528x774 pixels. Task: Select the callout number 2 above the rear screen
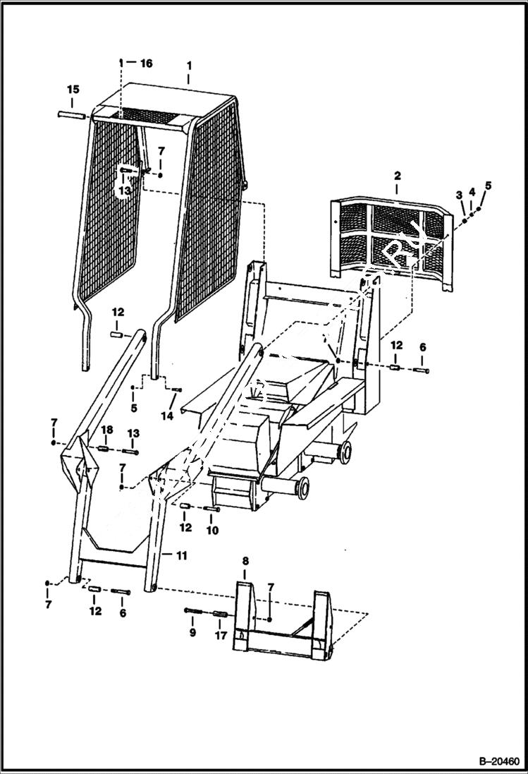pyautogui.click(x=397, y=174)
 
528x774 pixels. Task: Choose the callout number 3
pyautogui.click(x=458, y=194)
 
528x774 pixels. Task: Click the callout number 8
pyautogui.click(x=245, y=561)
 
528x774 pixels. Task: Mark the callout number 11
pyautogui.click(x=181, y=556)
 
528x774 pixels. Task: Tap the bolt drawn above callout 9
pyautogui.click(x=194, y=611)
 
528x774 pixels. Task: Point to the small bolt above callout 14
pyautogui.click(x=176, y=389)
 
